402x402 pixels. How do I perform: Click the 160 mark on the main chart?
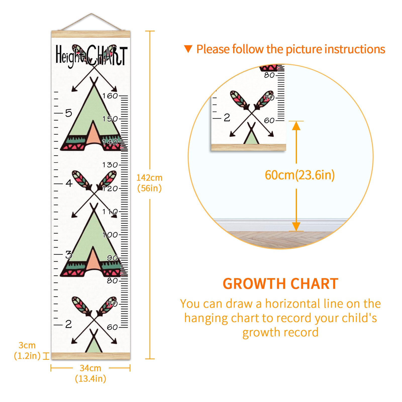[110, 96]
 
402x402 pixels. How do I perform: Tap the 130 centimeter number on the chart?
[110, 165]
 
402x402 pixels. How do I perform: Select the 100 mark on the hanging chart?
[110, 235]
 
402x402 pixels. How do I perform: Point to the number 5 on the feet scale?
[69, 113]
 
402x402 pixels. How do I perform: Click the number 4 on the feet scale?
[69, 183]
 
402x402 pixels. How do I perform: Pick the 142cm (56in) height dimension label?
[149, 183]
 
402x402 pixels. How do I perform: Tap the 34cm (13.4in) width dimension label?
[90, 373]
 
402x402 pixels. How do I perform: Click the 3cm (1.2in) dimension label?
[27, 350]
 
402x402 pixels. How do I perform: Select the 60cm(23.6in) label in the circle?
[300, 175]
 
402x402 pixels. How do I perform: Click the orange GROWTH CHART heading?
[280, 284]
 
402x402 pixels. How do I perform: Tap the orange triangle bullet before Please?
[188, 49]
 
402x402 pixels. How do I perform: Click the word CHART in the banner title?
[107, 56]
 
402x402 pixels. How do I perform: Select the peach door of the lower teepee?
[93, 259]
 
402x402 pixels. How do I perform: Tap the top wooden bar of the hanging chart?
[91, 34]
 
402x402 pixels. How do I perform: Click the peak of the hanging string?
[91, 14]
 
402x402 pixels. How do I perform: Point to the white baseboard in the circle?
[280, 225]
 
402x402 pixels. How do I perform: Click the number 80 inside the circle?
[269, 75]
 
